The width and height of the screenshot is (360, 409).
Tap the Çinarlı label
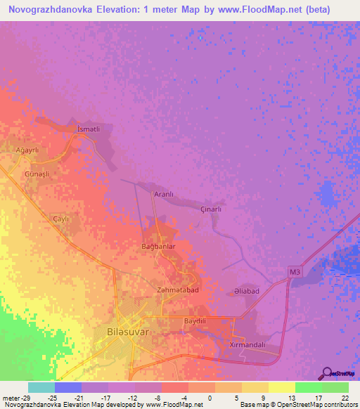(212, 209)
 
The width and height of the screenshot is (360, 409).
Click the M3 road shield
(295, 270)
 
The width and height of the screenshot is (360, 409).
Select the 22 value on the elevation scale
(345, 397)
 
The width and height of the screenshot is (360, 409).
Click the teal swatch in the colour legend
(41, 387)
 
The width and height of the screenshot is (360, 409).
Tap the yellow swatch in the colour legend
(281, 387)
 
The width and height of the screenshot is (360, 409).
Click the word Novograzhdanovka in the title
(50, 11)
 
